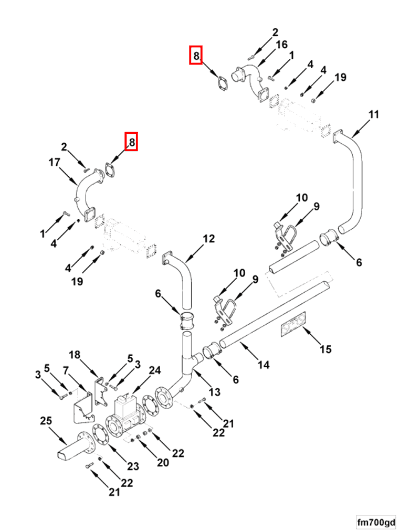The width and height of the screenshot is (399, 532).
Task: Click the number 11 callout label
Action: click(x=373, y=114)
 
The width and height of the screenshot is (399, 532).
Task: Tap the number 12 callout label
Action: click(x=208, y=239)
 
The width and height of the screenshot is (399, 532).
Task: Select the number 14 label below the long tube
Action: click(x=263, y=365)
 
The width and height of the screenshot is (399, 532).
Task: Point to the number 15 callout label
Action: click(x=325, y=348)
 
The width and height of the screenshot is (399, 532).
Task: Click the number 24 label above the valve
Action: click(x=154, y=370)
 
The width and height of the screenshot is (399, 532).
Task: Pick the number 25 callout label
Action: click(x=46, y=421)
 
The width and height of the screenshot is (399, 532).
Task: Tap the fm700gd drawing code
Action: click(x=375, y=523)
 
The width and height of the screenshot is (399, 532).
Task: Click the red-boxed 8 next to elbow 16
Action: click(x=195, y=55)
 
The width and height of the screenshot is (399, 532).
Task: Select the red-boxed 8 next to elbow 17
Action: click(x=131, y=142)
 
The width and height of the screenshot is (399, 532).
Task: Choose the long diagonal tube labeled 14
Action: click(x=273, y=315)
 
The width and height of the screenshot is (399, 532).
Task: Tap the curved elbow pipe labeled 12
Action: click(x=181, y=275)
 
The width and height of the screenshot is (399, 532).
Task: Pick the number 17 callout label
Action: click(x=55, y=163)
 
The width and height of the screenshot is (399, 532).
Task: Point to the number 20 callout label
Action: click(x=163, y=462)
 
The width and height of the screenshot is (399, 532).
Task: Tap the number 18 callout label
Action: click(x=75, y=355)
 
